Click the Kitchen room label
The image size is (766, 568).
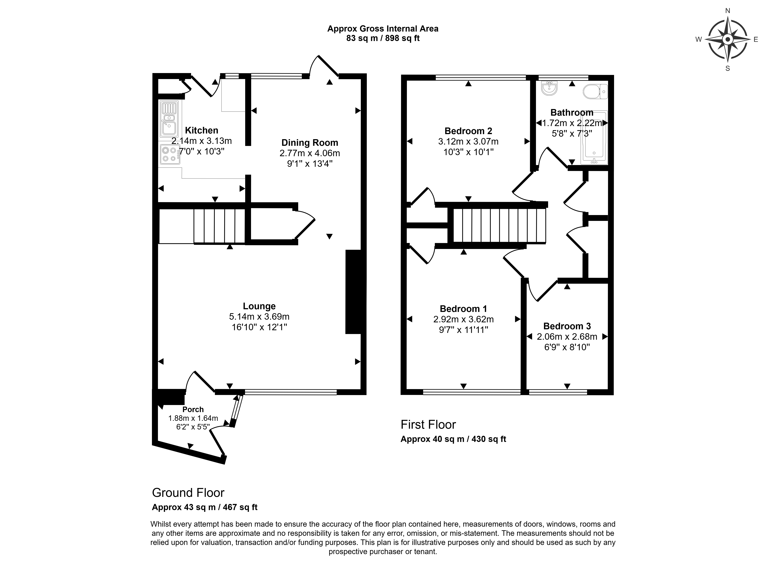tap(201, 130)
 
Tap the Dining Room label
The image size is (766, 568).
tap(310, 143)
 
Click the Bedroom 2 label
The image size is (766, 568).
tap(468, 131)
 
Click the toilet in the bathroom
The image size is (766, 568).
tap(595, 92)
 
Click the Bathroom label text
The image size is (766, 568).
tap(572, 112)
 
